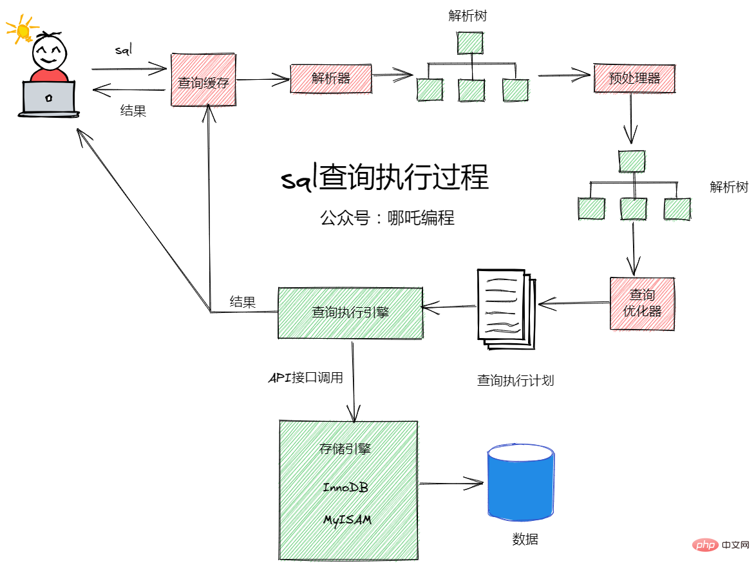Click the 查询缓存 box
[203, 80]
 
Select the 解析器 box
[331, 78]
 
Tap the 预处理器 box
[634, 78]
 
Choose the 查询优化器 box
[642, 303]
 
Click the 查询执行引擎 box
[350, 312]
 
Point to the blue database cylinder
[521, 483]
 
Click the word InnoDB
[346, 487]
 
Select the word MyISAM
[347, 520]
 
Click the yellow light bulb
[23, 30]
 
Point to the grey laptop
[49, 99]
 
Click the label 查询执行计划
[515, 381]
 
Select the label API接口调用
[305, 378]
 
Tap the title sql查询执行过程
[384, 178]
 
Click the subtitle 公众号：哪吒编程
[387, 218]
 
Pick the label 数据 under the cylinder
[525, 540]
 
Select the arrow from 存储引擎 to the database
[451, 483]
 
